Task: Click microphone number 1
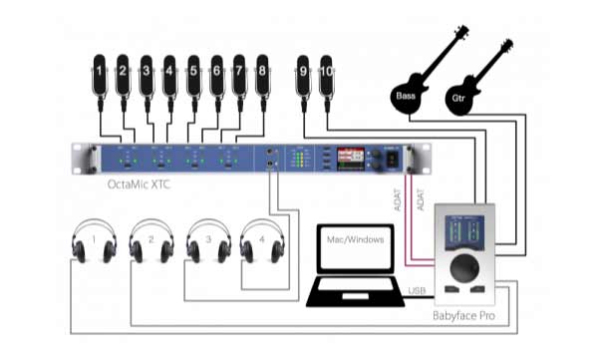click(x=100, y=76)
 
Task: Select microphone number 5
click(x=193, y=76)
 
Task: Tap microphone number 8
click(x=263, y=76)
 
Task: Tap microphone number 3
click(x=147, y=76)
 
